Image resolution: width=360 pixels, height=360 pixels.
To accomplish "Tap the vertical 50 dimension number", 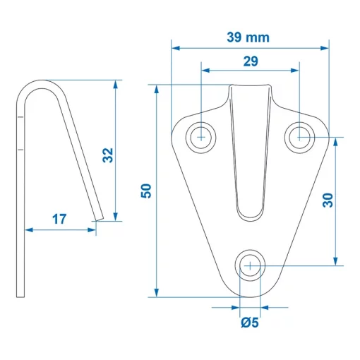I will pos(146,191).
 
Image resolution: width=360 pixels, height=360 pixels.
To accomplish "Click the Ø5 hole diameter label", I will pos(250,323).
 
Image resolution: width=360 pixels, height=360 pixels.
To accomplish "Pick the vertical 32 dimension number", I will pos(107,155).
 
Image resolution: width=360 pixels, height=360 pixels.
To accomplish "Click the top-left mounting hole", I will pos(202,136).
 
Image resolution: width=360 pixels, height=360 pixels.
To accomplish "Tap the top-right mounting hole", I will pos(300,136).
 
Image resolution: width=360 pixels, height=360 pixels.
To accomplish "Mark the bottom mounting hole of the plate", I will pos(250,266).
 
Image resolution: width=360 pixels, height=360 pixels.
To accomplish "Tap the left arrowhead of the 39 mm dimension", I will pos(175,48).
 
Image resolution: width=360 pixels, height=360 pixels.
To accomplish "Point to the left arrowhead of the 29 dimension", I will pos(205,71).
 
